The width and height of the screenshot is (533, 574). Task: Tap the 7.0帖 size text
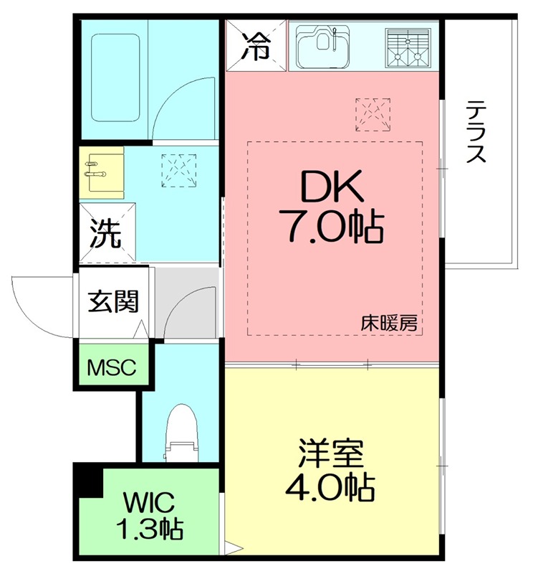click(x=332, y=228)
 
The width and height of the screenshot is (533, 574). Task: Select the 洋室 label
click(x=331, y=454)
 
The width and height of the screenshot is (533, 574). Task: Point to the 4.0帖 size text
click(x=330, y=489)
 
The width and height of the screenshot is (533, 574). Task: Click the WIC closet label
click(x=149, y=500)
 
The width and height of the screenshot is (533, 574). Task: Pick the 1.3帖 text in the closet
click(x=149, y=529)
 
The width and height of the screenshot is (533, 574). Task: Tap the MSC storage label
click(x=112, y=367)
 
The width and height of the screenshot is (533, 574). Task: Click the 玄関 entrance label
click(x=112, y=302)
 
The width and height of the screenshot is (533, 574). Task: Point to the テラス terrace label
click(x=478, y=133)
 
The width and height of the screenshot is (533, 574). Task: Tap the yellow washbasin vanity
click(x=101, y=172)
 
